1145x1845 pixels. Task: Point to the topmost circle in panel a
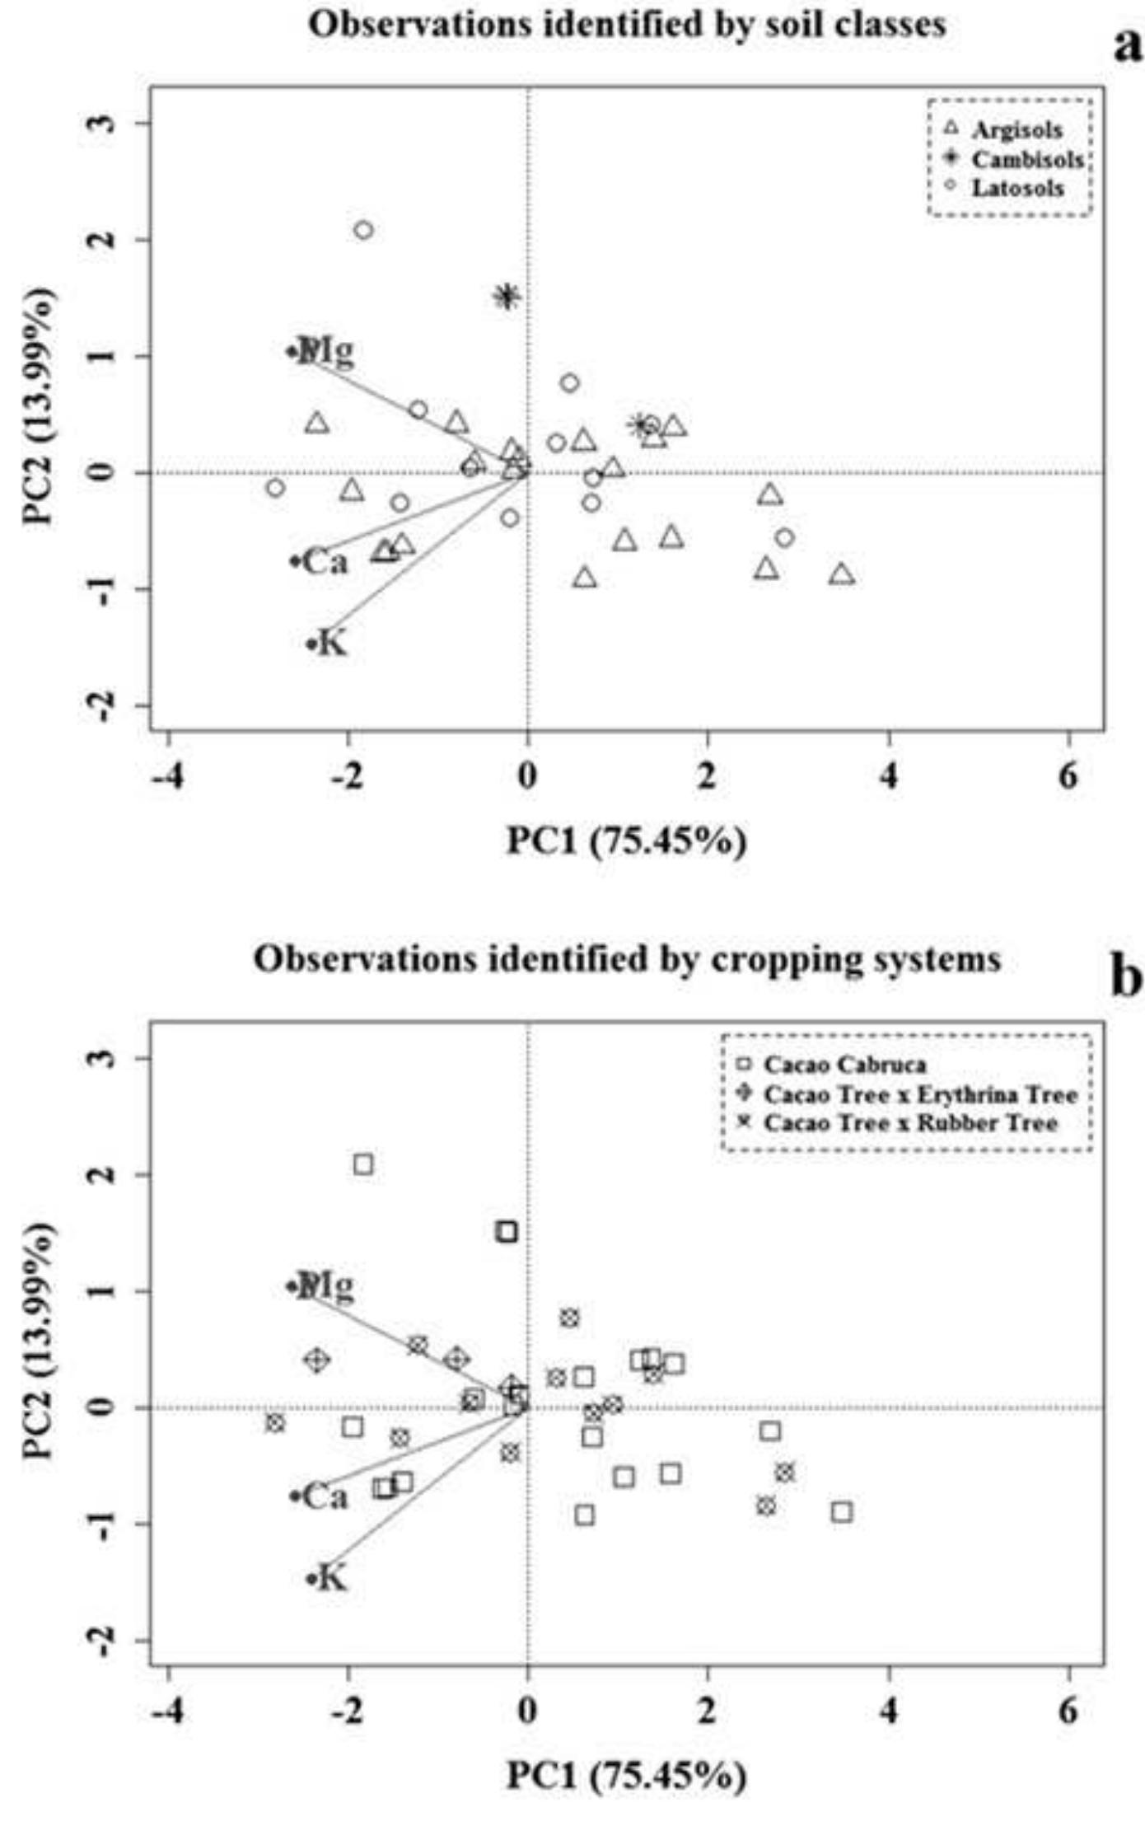click(x=363, y=230)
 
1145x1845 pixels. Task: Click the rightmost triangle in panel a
click(x=842, y=574)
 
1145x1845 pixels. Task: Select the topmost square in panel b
click(x=363, y=1164)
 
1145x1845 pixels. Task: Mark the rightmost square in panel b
click(x=842, y=1512)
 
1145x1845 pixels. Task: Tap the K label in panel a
click(x=332, y=643)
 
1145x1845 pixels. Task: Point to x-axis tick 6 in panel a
click(x=1068, y=775)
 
